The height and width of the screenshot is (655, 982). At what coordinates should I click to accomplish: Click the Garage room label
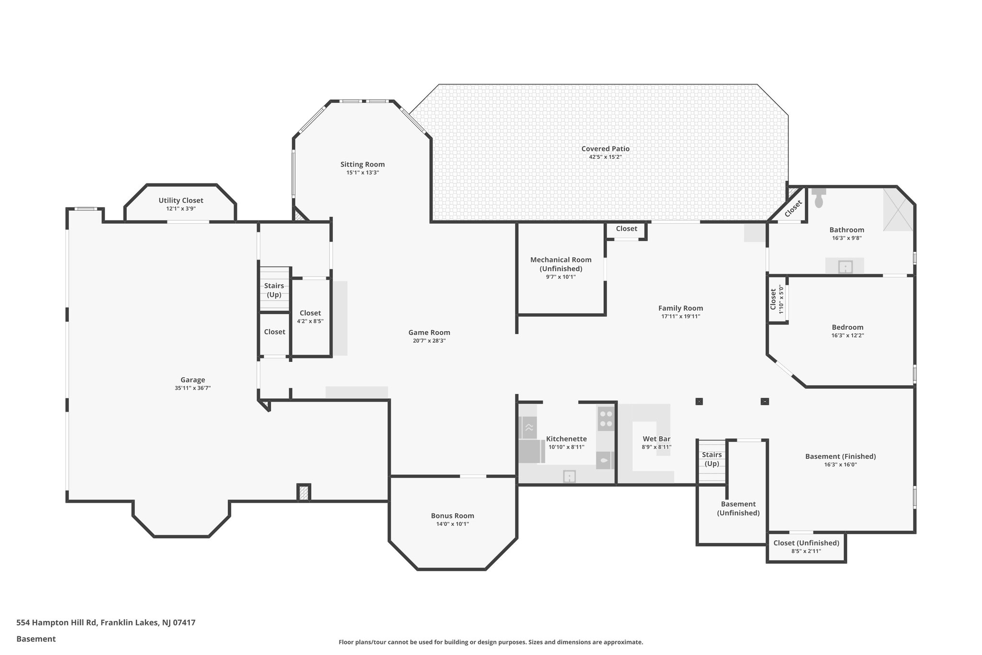192,380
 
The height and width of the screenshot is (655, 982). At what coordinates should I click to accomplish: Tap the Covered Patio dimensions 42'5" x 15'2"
605,157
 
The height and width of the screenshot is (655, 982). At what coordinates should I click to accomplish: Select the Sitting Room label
362,165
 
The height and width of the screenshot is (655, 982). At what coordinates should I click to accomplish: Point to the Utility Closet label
181,201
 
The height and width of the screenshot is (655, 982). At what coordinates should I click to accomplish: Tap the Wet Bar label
656,439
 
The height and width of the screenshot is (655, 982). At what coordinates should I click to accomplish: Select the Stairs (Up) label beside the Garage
274,290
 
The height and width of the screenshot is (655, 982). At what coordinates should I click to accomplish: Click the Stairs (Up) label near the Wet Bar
712,459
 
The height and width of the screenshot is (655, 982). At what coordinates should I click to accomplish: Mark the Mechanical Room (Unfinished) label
561,264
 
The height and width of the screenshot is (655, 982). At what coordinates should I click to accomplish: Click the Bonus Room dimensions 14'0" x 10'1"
452,524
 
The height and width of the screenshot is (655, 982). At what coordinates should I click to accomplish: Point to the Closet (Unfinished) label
806,543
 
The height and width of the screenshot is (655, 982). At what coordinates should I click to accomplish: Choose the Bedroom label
847,327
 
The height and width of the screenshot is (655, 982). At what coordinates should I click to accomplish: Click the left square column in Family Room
699,401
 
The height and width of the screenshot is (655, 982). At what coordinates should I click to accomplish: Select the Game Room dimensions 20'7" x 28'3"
429,341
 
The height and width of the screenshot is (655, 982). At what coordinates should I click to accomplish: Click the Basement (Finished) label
840,456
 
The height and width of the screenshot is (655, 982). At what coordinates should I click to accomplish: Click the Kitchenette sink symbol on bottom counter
569,476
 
